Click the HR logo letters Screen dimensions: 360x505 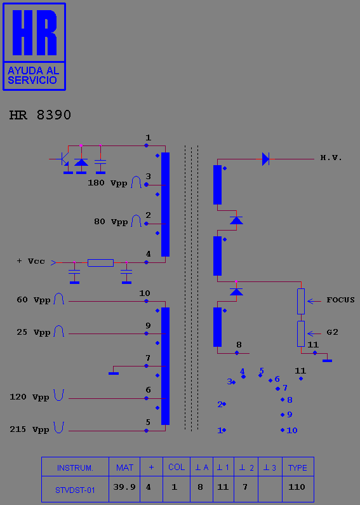(35, 32)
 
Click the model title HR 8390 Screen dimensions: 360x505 (40, 115)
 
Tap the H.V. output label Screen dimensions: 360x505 (331, 158)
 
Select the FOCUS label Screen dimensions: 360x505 (340, 300)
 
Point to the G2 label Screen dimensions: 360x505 (332, 332)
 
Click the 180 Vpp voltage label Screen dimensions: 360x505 (107, 183)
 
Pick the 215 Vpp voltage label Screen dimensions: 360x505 (29, 429)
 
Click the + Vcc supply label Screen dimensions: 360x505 (31, 261)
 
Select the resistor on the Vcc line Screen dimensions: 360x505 (100, 263)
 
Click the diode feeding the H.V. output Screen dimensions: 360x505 (265, 159)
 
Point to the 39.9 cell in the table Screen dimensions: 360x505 (124, 487)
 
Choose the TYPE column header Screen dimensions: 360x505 (298, 468)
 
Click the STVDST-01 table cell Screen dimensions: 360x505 (75, 490)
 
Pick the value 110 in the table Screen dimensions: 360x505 (297, 487)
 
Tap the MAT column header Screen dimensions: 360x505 (124, 468)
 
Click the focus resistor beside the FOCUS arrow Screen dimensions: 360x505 (301, 302)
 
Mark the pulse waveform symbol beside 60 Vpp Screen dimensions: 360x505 (59, 299)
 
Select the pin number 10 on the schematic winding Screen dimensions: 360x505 (145, 293)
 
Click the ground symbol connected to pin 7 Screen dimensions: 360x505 (114, 374)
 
